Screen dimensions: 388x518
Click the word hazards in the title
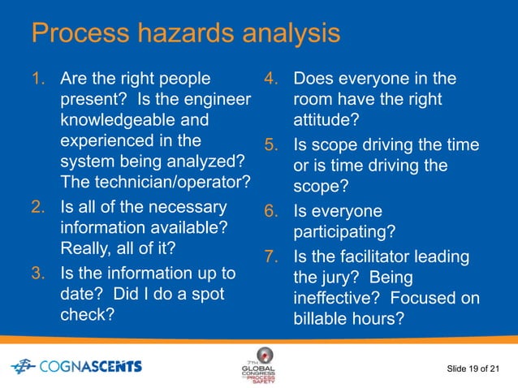click(x=193, y=35)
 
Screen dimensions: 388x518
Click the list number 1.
click(x=36, y=80)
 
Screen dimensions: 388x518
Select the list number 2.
click(x=37, y=207)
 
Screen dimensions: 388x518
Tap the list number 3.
click(x=37, y=271)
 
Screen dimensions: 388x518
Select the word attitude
click(x=326, y=122)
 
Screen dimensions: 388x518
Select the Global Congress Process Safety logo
click(x=264, y=367)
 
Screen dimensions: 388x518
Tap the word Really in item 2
click(x=85, y=249)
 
